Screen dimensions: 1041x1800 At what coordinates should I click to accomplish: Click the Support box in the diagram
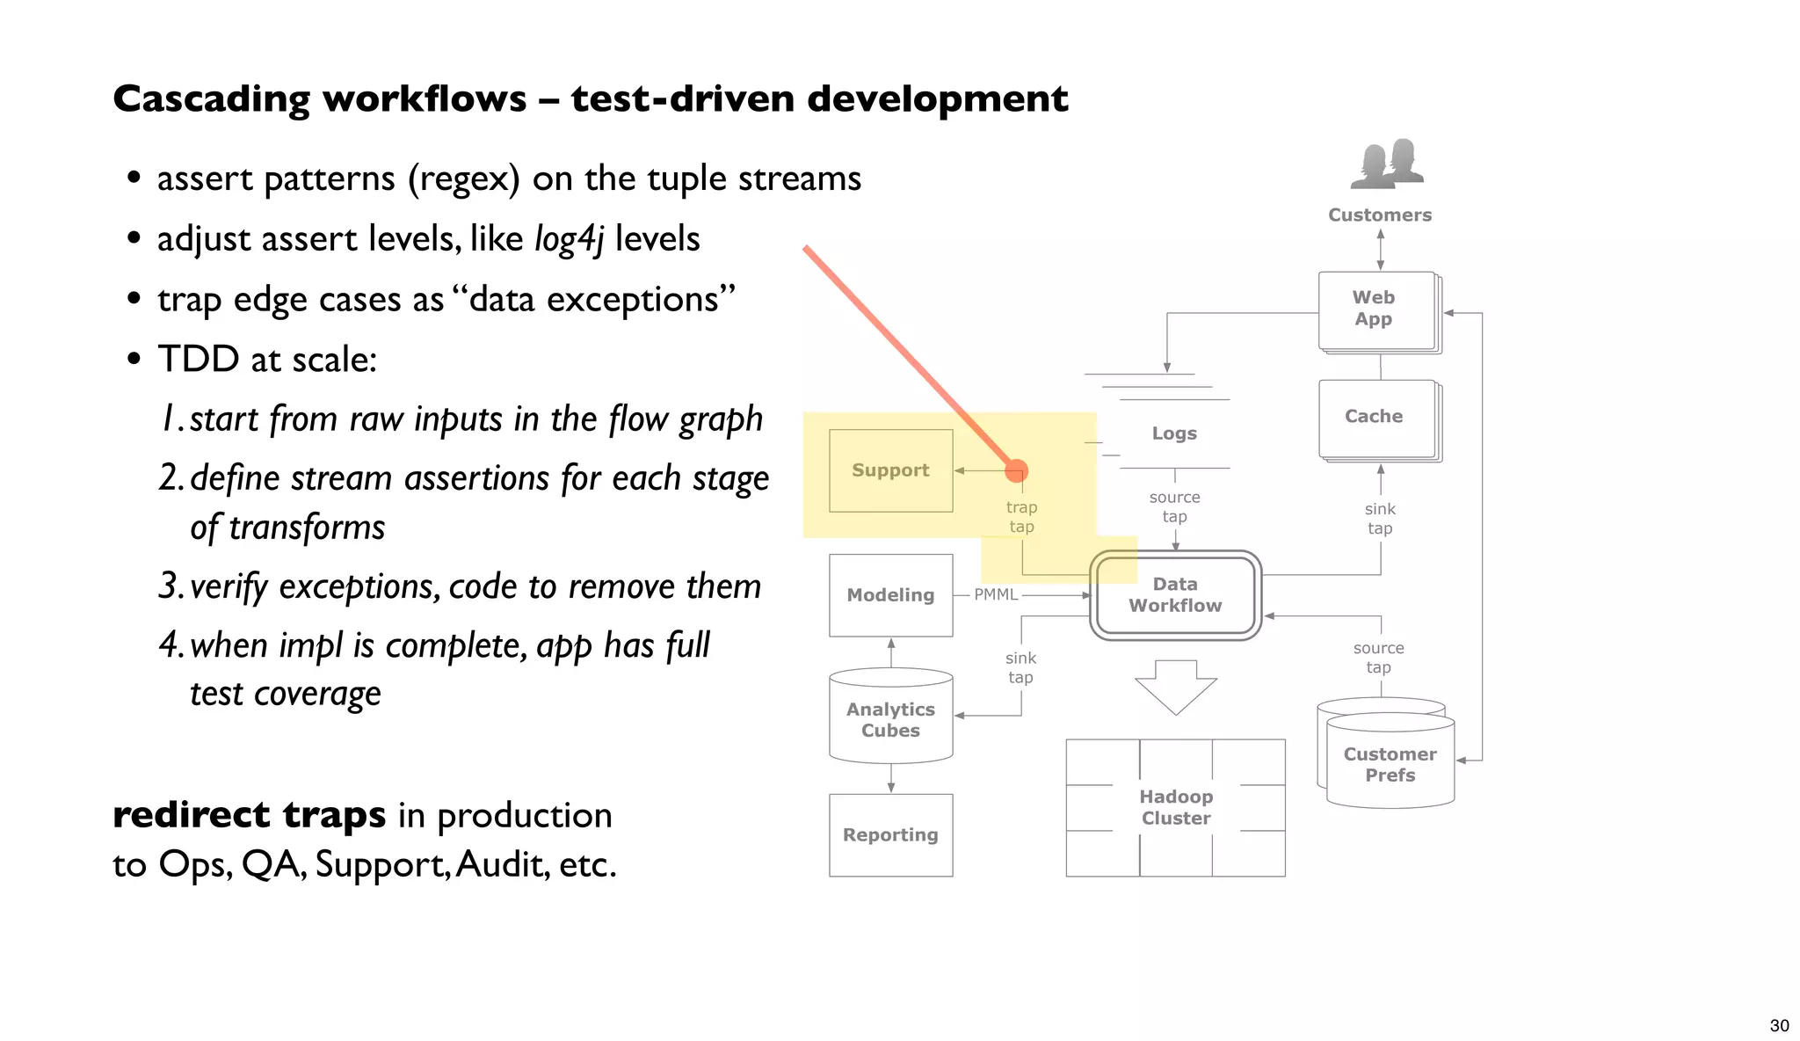890,470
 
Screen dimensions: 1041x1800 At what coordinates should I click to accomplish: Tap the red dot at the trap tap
1016,471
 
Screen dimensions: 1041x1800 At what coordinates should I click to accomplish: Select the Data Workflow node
1175,595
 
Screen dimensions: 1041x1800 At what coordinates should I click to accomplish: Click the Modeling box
890,595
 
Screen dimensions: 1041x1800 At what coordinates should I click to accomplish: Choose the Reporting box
890,835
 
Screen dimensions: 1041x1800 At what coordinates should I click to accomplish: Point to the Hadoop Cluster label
1176,807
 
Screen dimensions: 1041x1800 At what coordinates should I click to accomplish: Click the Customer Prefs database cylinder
1390,764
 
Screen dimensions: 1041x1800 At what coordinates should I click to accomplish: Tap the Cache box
1375,418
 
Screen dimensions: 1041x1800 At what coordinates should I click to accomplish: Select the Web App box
1375,309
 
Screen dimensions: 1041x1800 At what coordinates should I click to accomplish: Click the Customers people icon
1387,164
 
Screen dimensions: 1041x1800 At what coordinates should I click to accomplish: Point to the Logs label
1174,433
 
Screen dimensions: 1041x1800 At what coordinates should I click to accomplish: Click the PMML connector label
996,595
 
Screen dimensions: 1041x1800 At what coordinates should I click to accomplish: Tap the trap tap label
1021,517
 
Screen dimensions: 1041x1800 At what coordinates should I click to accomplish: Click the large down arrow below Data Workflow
1175,687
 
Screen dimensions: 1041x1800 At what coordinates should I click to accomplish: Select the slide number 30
1779,1026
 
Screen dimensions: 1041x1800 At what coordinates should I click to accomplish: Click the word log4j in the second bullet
569,239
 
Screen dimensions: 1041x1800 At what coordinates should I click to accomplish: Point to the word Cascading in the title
211,99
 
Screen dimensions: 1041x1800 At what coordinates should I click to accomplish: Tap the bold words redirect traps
249,815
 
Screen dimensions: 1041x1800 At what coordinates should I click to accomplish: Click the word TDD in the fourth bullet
199,360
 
